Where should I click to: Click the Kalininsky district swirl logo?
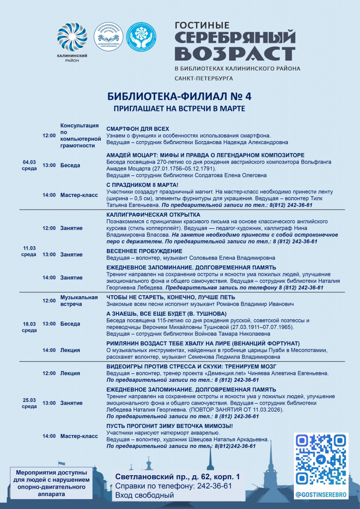[72, 38]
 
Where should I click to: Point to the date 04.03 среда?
[29, 165]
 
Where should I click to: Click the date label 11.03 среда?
[29, 251]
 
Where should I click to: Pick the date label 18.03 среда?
[29, 327]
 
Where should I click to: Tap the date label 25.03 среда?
[29, 403]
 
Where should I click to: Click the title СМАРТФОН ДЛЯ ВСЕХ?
[138, 128]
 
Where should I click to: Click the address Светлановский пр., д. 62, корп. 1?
[178, 476]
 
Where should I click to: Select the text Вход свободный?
[145, 495]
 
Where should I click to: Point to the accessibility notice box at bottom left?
[51, 482]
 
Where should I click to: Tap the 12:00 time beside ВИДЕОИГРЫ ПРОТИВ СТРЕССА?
[49, 373]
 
